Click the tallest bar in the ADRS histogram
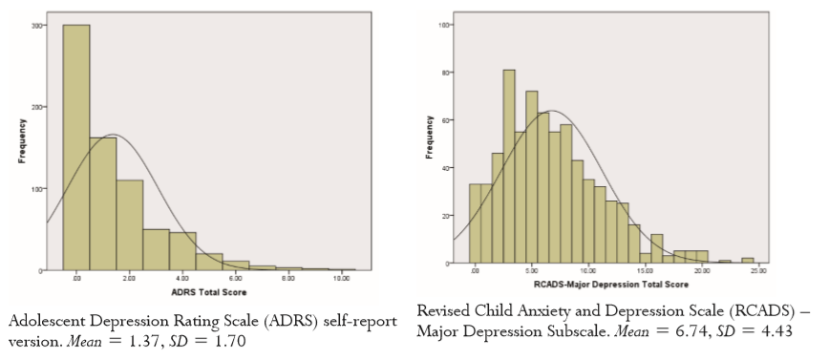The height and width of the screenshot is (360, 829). point(76,148)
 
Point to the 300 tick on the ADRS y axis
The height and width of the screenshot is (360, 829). point(35,26)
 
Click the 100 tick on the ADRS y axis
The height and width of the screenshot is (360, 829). point(35,189)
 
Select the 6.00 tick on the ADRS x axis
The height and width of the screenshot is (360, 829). point(235,280)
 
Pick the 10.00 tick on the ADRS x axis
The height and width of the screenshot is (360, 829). point(341,280)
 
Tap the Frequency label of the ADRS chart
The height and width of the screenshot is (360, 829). point(21,148)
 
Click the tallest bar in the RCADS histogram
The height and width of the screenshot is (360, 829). point(509,166)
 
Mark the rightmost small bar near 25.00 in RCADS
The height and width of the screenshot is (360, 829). point(748,260)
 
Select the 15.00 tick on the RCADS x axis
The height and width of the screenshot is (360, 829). point(648,272)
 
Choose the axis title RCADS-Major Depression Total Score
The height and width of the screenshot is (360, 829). point(613,284)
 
